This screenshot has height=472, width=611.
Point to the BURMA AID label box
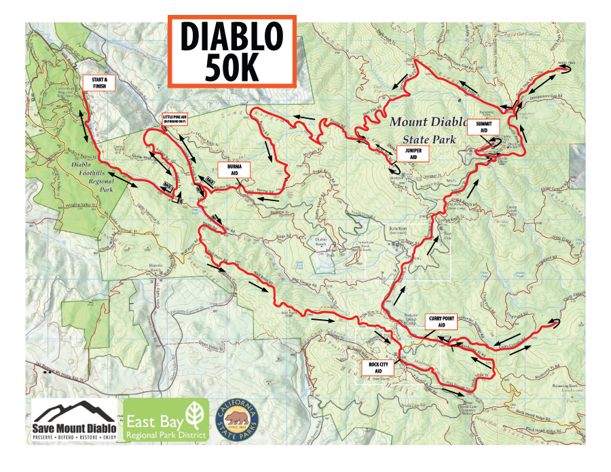pyautogui.click(x=234, y=170)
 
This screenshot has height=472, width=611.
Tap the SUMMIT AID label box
pyautogui.click(x=483, y=126)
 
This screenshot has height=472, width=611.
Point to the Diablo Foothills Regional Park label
pyautogui.click(x=81, y=172)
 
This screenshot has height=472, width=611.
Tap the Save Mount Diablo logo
pyautogui.click(x=74, y=420)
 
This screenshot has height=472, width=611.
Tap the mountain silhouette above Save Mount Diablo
pyautogui.click(x=73, y=412)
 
